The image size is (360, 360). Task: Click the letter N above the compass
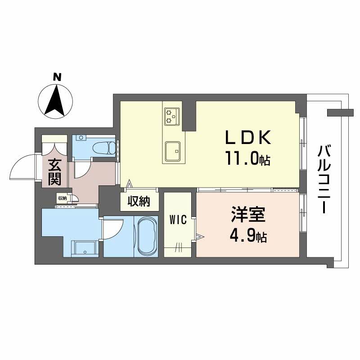pos(57,77)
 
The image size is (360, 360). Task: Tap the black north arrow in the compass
pos(55,100)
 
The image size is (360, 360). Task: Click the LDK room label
pos(248,137)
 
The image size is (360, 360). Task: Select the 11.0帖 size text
pos(248,158)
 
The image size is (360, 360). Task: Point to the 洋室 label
pos(248,215)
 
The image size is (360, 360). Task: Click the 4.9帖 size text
pos(248,235)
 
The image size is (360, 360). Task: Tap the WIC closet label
pos(178,220)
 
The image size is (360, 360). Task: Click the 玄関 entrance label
pos(54,172)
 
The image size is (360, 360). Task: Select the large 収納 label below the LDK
pos(139,201)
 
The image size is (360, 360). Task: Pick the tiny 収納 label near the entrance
pos(63,198)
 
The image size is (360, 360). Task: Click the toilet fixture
pos(104,148)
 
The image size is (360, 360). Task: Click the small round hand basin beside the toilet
pos(81,138)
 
